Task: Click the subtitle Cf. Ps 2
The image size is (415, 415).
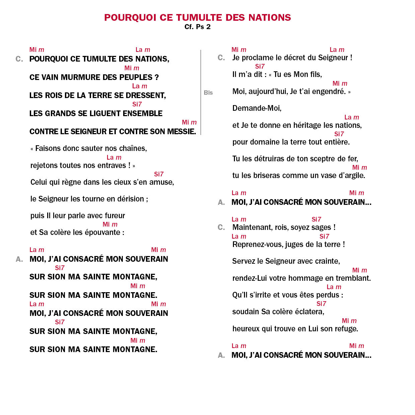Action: [197, 27]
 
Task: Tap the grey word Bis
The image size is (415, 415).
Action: [208, 93]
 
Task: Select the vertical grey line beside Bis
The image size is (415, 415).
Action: [200, 92]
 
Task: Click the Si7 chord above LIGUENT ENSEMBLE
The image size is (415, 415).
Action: [137, 104]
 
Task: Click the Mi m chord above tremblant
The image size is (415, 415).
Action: [359, 270]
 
